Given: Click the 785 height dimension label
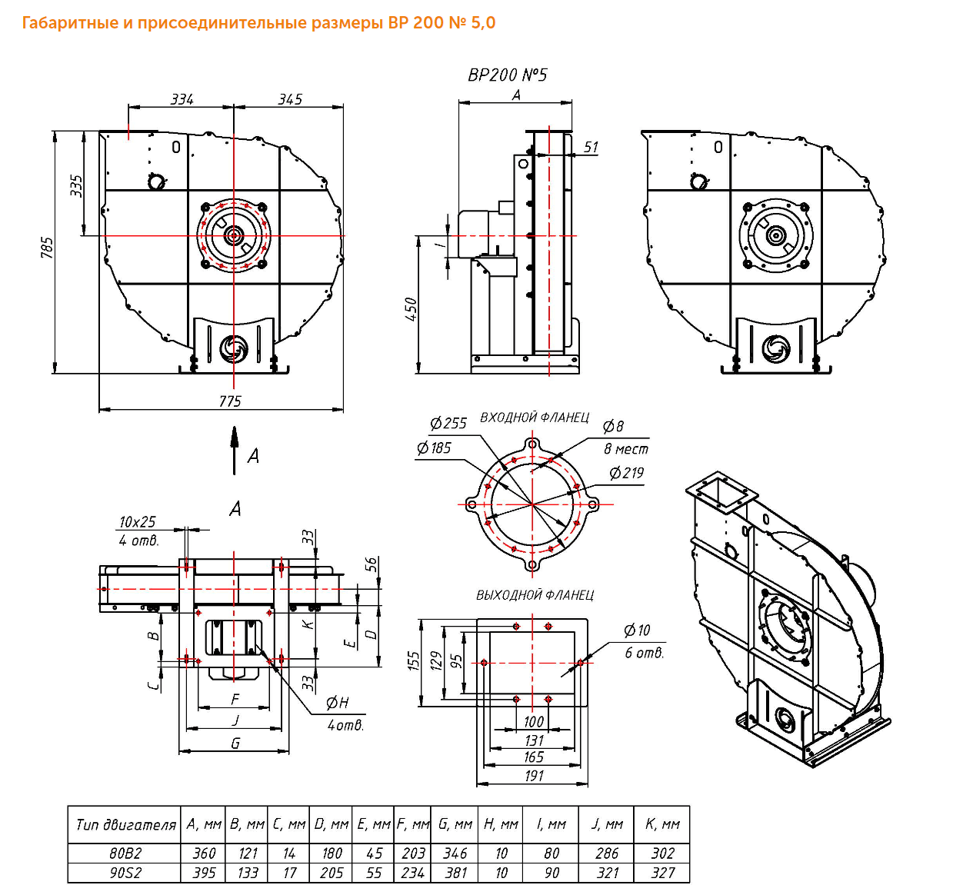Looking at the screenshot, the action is tap(47, 248).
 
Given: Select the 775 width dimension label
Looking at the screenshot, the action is tap(230, 401).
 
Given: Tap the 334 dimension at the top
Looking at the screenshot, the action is tap(182, 99).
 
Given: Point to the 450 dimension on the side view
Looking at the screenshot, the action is tap(411, 309).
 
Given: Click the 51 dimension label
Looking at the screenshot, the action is tap(591, 147).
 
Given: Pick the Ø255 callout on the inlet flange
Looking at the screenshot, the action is tap(448, 423).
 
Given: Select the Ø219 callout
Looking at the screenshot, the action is tap(626, 472).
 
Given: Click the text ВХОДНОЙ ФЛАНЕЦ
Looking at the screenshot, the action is tap(535, 418).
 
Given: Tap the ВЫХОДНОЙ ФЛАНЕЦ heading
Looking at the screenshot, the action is tap(535, 595).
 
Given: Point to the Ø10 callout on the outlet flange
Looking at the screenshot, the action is tap(637, 630).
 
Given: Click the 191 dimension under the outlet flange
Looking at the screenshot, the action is tap(534, 776).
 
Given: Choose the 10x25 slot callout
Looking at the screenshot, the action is tap(137, 521).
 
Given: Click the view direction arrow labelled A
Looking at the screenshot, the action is tap(234, 451).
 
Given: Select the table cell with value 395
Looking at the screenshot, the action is tap(204, 873).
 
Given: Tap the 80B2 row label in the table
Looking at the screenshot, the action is tap(125, 853).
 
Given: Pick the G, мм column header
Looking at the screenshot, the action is tap(455, 824).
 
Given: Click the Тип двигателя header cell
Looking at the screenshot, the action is tap(125, 825).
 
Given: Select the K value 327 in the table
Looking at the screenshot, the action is tap(662, 873).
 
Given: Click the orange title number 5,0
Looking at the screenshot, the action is tap(483, 23).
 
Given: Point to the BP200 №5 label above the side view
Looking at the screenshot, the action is tap(507, 75).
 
